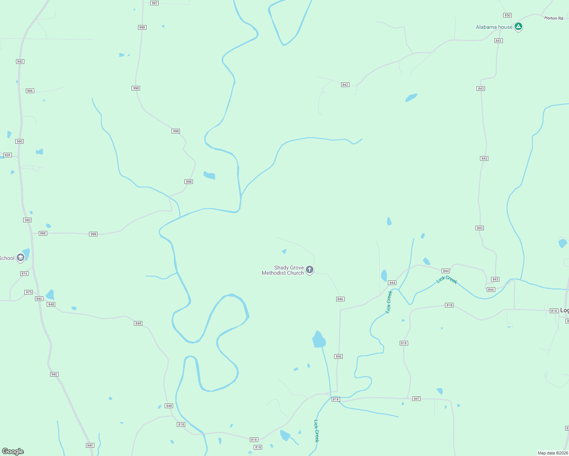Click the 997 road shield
point(154,3)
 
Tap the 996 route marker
point(30,91)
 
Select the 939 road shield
point(7,155)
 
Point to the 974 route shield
point(24,274)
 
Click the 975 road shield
point(29,292)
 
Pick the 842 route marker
point(345,85)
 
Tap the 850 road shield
point(507,15)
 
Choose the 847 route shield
point(416,399)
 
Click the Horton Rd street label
point(553,18)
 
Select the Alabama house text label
point(494,27)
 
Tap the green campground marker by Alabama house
point(518,27)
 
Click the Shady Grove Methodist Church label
point(283,270)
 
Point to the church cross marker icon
point(310,270)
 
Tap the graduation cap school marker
point(21,258)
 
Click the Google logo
point(13,451)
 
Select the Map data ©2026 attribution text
point(553,453)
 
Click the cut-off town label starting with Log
point(564,310)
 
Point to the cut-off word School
point(7,258)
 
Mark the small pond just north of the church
point(284,251)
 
